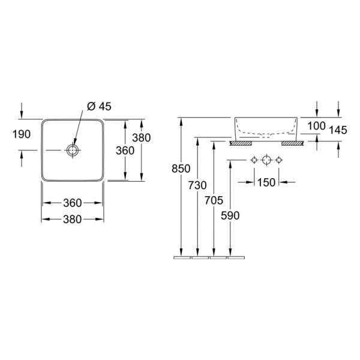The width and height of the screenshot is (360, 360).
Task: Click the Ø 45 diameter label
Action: pos(99,106)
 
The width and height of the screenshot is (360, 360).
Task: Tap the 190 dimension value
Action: pos(22,134)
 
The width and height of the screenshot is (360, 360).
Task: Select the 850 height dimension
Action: pos(181,169)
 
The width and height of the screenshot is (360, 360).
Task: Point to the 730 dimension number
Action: pos(197,185)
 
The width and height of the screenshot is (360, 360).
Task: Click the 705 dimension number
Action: pos(214,200)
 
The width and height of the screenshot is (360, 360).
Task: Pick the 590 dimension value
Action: pos(230,215)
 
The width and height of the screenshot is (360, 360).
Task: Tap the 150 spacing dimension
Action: pos(266,182)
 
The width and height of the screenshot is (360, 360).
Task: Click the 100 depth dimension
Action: pos(317,126)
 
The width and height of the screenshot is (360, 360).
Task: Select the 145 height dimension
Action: pos(338,130)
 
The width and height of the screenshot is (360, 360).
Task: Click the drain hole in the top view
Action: pos(73,151)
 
